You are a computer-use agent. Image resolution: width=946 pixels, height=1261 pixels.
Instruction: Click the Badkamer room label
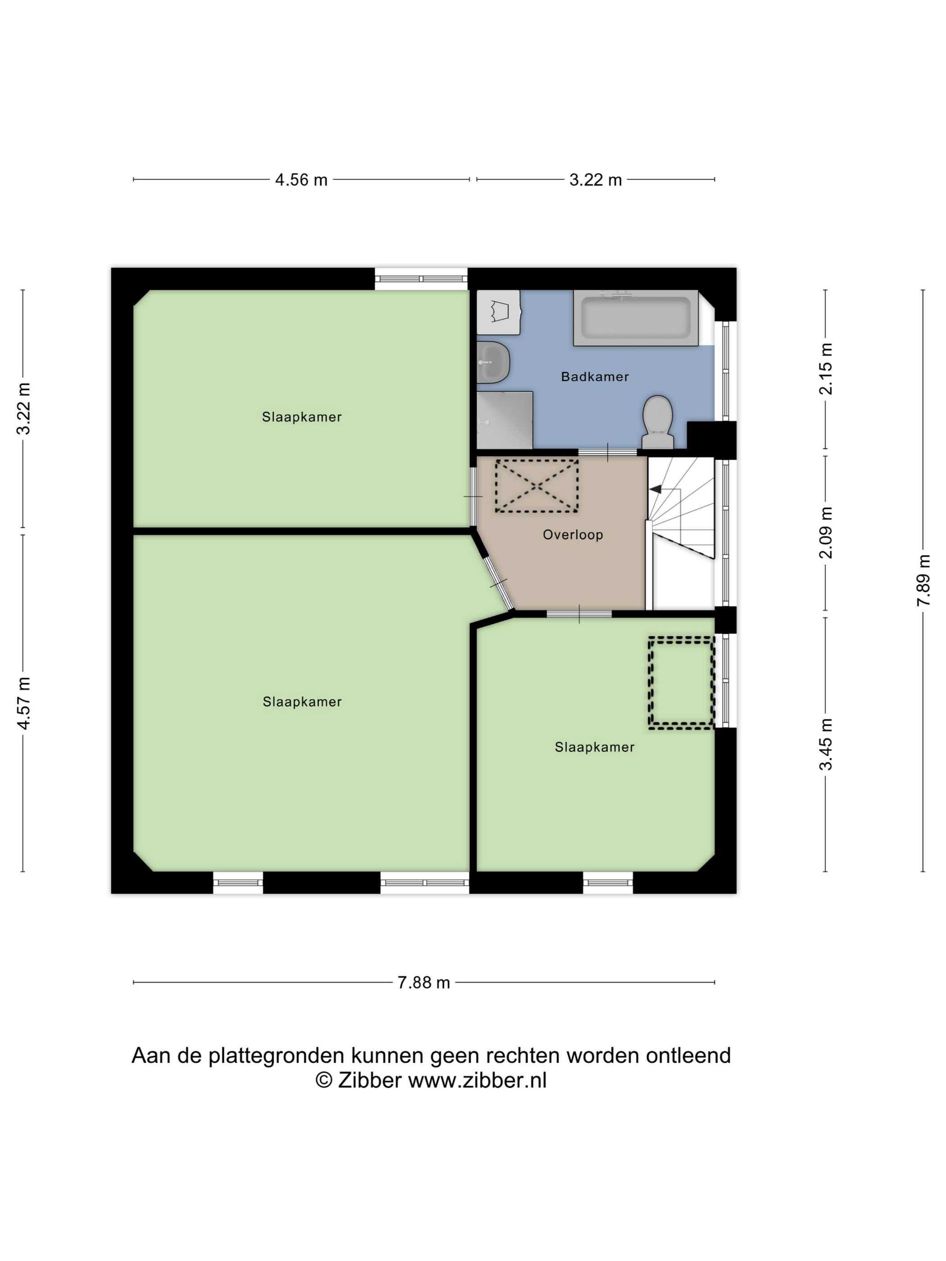pyautogui.click(x=595, y=377)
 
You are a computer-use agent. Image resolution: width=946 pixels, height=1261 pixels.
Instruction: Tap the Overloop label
pyautogui.click(x=573, y=535)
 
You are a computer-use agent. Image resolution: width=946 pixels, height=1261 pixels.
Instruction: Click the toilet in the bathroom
pyautogui.click(x=657, y=422)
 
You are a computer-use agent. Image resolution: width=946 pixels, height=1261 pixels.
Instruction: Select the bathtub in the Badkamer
pyautogui.click(x=635, y=318)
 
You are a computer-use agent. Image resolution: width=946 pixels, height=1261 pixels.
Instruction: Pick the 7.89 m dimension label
pyautogui.click(x=923, y=581)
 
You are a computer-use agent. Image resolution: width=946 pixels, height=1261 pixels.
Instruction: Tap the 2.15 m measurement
pyautogui.click(x=826, y=369)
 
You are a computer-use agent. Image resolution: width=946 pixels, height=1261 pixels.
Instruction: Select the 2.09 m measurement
pyautogui.click(x=826, y=532)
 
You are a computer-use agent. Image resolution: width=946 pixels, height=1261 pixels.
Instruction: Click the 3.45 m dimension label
pyautogui.click(x=826, y=744)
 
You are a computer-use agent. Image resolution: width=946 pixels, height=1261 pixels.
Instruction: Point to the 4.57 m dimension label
pyautogui.click(x=23, y=703)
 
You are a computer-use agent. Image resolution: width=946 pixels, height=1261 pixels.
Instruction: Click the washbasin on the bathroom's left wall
pyautogui.click(x=493, y=362)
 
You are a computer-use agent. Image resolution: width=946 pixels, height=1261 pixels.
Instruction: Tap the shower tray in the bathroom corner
pyautogui.click(x=505, y=420)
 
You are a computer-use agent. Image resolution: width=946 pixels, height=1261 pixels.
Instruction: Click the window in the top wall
pyautogui.click(x=421, y=279)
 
